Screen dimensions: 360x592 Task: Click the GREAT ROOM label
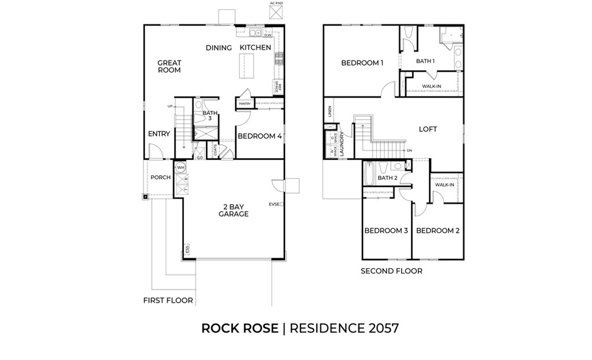pos(169,66)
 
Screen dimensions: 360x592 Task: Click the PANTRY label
pos(243,104)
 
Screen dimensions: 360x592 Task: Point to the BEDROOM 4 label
pos(260,136)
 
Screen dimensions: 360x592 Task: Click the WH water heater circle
pos(180,168)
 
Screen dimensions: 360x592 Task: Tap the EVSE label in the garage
pos(273,204)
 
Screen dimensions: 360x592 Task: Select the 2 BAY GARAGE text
pos(233,210)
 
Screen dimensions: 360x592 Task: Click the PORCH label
pos(160,177)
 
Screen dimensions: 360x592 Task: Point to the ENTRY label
pos(159,134)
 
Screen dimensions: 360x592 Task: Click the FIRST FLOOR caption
pos(168,300)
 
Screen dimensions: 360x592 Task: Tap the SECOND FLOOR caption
pos(391,271)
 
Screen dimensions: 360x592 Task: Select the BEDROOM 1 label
pos(362,63)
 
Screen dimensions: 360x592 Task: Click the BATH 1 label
pos(425,61)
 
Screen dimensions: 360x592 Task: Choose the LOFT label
pos(428,129)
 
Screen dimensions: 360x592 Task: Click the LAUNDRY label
pos(342,144)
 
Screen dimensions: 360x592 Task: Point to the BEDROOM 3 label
pos(386,231)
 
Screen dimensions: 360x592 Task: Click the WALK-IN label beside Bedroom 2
pos(444,185)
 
